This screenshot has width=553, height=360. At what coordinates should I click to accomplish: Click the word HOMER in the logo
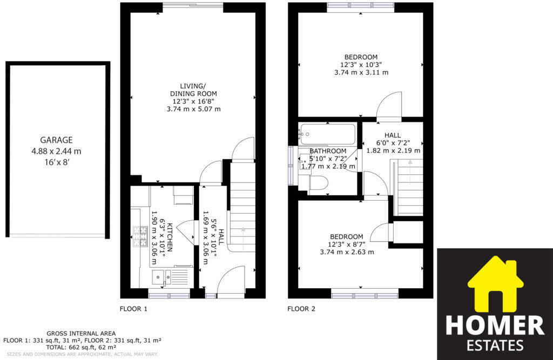[x=495, y=326]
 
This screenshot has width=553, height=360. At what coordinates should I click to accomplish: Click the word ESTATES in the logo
[x=495, y=345]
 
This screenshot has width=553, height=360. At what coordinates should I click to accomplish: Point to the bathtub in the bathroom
[x=328, y=133]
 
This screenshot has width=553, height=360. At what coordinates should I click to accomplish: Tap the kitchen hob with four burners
[x=140, y=236]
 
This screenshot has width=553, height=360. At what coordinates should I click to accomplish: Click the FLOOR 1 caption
[x=133, y=309]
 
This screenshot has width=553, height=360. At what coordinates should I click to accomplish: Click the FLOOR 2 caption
[x=301, y=309]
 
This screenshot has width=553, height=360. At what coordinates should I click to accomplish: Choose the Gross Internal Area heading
[x=81, y=334]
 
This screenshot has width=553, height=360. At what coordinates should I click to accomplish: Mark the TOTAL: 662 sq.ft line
[x=81, y=348]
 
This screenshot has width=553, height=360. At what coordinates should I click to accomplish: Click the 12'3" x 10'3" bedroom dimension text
[x=361, y=65]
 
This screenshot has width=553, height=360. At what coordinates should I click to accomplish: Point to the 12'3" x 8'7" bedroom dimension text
[x=347, y=244]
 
